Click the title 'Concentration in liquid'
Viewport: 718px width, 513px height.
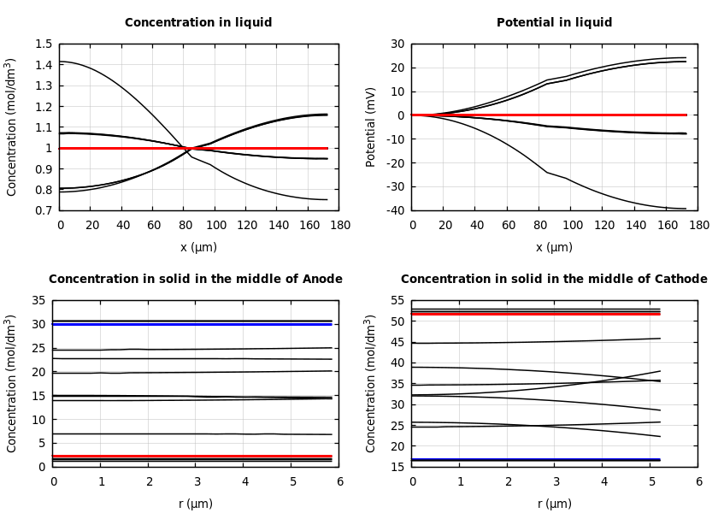[x=198, y=23]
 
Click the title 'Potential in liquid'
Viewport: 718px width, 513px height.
[x=554, y=23]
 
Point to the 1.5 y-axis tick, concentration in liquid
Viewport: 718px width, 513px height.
[x=43, y=44]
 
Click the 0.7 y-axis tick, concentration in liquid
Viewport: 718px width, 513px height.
[x=43, y=210]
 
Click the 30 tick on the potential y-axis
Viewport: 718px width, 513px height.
[x=397, y=44]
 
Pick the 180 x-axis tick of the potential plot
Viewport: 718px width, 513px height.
[x=698, y=225]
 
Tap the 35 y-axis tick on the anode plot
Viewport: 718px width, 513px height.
[x=39, y=301]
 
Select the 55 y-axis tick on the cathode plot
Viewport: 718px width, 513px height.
[x=397, y=301]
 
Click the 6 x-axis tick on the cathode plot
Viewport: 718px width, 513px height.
[x=698, y=481]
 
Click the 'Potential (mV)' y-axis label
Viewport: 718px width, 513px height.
[x=371, y=127]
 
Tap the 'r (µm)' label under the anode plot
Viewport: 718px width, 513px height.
[x=196, y=504]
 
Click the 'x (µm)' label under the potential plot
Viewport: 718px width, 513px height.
[x=554, y=247]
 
